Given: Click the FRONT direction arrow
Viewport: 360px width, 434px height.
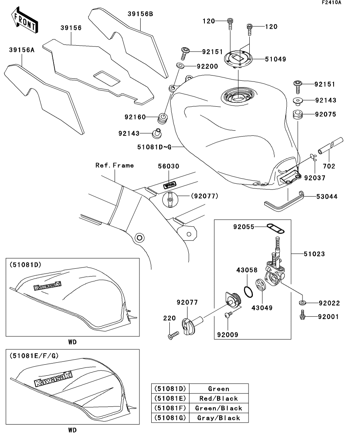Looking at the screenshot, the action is click(x=24, y=21).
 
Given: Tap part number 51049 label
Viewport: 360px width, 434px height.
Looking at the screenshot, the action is click(x=275, y=59).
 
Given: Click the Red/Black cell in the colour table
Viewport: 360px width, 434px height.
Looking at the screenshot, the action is click(x=219, y=398).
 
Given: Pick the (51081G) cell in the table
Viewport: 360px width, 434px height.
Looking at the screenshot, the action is click(x=170, y=417).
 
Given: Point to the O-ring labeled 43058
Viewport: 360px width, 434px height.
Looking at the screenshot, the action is click(x=248, y=292).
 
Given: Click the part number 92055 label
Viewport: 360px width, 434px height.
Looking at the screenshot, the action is click(x=243, y=227).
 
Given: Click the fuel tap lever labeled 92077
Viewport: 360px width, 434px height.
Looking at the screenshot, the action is click(x=192, y=324).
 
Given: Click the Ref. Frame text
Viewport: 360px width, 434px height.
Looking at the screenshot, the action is click(x=115, y=165).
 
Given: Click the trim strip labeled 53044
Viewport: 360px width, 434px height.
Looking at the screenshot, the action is click(x=284, y=201).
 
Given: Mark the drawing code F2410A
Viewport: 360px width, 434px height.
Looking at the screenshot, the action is click(x=332, y=2).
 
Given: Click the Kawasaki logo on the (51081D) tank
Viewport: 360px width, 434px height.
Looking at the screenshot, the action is click(x=47, y=286).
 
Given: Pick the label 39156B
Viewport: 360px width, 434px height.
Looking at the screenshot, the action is click(x=140, y=14).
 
